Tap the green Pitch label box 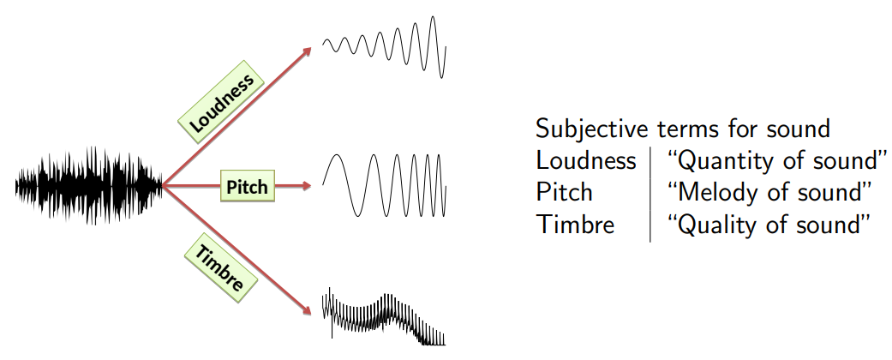[248, 185]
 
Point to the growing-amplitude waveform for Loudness [385, 46]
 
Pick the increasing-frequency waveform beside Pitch [384, 184]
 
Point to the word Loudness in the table [586, 160]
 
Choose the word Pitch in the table [565, 192]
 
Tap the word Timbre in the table [575, 224]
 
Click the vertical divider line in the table [650, 193]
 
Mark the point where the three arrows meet [163, 185]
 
